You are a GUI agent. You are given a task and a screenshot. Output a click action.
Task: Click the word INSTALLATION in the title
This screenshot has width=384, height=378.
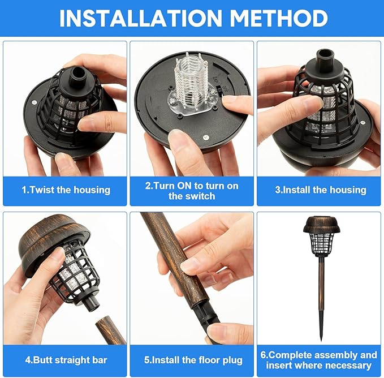pos(141,18)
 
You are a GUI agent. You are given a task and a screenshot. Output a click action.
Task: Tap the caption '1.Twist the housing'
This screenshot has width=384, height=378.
pos(66,190)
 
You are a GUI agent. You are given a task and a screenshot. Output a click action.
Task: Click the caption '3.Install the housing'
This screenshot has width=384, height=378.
pos(321,190)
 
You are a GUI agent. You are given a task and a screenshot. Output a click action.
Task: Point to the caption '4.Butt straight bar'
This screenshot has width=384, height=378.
pos(66,360)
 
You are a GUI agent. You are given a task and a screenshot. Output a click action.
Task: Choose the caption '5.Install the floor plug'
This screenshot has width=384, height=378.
pos(193,360)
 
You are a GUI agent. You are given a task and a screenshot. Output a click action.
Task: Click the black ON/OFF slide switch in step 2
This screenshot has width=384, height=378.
pos(219,92)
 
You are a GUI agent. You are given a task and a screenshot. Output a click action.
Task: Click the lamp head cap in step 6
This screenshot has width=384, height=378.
pos(322,224)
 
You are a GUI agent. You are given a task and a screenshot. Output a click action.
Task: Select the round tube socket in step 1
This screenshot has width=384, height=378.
pos(79,74)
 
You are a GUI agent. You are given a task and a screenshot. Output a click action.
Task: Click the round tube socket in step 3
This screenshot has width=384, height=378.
pos(325,57)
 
